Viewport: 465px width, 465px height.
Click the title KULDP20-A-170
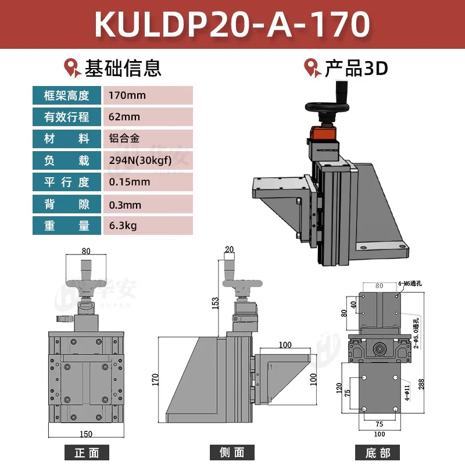[232, 24]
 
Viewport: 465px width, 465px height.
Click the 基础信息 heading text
[123, 68]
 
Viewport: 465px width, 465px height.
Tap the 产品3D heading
[355, 68]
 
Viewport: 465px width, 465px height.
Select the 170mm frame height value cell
[147, 95]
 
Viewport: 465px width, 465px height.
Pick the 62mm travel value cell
[147, 117]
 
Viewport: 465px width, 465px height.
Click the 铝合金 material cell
[147, 138]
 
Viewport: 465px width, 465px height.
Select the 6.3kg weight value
[147, 225]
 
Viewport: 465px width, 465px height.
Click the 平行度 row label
[67, 182]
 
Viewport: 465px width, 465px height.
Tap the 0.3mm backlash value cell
[147, 204]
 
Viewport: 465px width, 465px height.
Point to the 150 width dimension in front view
[86, 434]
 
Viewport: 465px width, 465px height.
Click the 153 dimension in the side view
[215, 302]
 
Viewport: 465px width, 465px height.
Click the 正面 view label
[87, 453]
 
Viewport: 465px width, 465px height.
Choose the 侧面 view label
[233, 453]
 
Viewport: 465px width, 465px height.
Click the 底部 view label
[378, 453]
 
